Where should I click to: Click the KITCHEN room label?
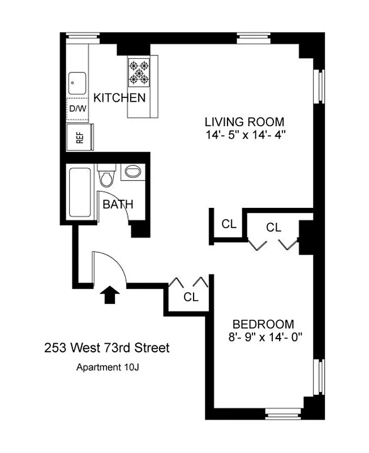pyautogui.click(x=119, y=97)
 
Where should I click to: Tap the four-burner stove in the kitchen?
pyautogui.click(x=139, y=72)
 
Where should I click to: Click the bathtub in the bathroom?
pyautogui.click(x=81, y=193)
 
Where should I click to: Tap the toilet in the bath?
pyautogui.click(x=106, y=176)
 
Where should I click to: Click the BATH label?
pyautogui.click(x=118, y=204)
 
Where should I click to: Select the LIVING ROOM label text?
pyautogui.click(x=244, y=122)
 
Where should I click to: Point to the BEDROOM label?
pyautogui.click(x=264, y=324)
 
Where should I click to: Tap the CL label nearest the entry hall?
pyautogui.click(x=191, y=297)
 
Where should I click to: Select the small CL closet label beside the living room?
pyautogui.click(x=229, y=224)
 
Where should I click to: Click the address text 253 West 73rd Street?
pyautogui.click(x=106, y=348)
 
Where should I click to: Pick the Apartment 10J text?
pyautogui.click(x=107, y=367)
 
